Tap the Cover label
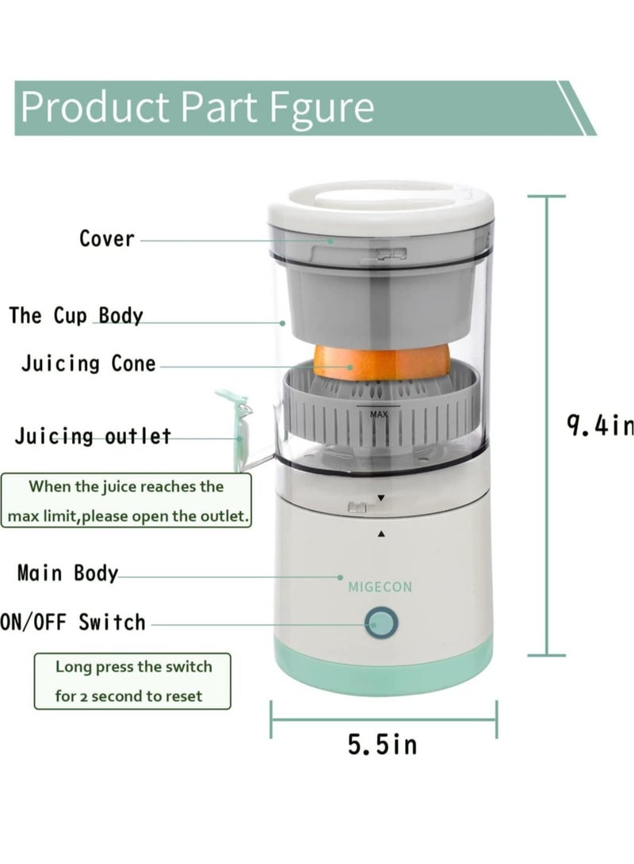click(107, 238)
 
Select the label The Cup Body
click(76, 315)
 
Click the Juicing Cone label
click(89, 364)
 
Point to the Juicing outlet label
click(93, 436)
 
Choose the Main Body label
click(67, 573)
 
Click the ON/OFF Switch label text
click(74, 622)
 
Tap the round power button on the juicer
click(381, 624)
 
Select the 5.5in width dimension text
click(382, 744)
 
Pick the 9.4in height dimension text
click(600, 426)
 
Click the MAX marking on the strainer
click(379, 413)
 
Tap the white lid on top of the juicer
click(380, 204)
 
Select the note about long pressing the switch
click(133, 681)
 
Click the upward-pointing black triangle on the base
click(381, 534)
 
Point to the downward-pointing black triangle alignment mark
click(381, 498)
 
